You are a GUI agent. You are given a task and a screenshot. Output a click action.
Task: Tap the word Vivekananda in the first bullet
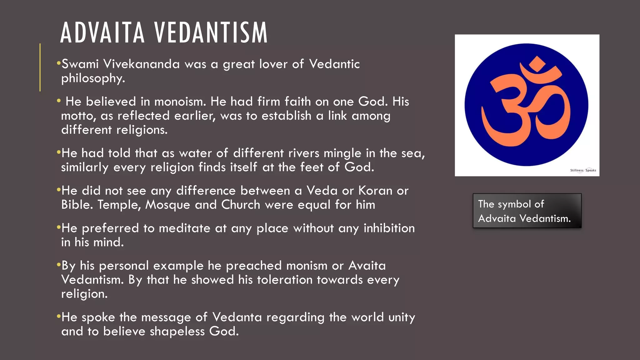click(x=142, y=64)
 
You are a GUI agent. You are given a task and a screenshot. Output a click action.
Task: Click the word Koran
click(x=375, y=191)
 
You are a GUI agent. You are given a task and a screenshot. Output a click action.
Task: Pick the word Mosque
click(x=167, y=205)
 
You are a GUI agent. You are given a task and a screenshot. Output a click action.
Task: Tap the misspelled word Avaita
click(x=367, y=266)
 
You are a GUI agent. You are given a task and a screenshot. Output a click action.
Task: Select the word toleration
click(x=285, y=280)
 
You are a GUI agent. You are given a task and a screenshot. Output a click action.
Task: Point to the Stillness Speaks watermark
click(x=583, y=170)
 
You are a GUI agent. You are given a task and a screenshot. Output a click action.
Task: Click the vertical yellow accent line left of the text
click(x=40, y=67)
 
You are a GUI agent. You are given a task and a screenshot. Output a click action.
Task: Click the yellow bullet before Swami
click(x=58, y=64)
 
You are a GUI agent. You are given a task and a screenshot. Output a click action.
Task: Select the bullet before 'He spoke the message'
click(x=58, y=317)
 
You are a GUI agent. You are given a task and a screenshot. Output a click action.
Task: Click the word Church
click(x=241, y=205)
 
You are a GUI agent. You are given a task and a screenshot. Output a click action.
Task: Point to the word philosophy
click(x=93, y=78)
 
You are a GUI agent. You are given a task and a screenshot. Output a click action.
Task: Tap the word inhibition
click(x=389, y=228)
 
